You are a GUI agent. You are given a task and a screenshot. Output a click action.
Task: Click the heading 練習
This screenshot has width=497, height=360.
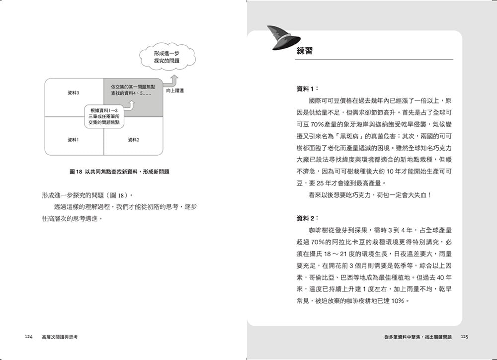click(x=304, y=51)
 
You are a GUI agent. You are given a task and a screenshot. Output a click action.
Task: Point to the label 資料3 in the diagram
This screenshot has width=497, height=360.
click(x=74, y=93)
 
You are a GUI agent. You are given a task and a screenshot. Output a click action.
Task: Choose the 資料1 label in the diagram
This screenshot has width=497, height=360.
click(x=74, y=140)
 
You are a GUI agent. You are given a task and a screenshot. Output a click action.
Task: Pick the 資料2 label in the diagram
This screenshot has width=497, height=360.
click(x=133, y=140)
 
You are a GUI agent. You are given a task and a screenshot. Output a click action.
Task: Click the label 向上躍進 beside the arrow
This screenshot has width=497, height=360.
click(x=175, y=91)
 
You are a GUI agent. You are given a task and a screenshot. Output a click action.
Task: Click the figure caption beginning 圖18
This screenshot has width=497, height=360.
click(x=120, y=172)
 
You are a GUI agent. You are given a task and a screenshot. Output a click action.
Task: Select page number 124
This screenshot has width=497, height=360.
click(x=28, y=337)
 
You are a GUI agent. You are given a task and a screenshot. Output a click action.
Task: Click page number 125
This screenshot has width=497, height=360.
click(x=465, y=337)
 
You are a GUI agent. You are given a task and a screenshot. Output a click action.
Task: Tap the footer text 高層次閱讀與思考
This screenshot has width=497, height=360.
click(x=60, y=337)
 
